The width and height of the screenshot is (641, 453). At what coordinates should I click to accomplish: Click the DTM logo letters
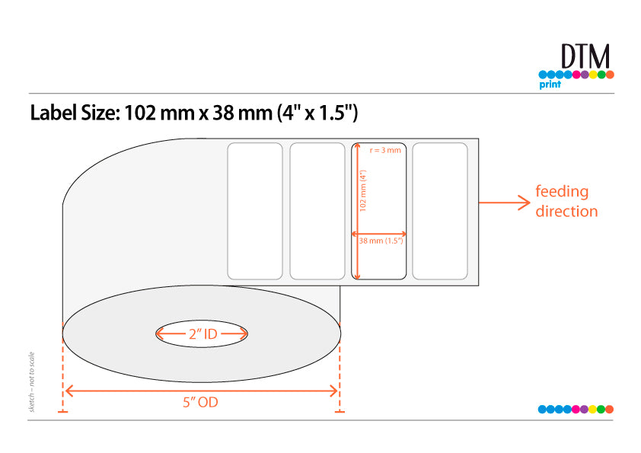585,56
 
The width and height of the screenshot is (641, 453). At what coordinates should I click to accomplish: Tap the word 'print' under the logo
550,85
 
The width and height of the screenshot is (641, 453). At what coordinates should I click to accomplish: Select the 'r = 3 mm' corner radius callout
385,150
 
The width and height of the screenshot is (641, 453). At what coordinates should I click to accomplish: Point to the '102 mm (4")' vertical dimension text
363,190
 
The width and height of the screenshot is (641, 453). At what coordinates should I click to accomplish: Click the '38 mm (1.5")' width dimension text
381,241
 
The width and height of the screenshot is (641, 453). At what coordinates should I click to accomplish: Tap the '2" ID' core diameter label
203,334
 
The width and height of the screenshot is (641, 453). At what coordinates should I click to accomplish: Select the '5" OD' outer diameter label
200,402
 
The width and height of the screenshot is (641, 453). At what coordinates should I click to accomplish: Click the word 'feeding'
562,192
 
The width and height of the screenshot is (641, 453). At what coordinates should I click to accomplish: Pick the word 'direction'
566,211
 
